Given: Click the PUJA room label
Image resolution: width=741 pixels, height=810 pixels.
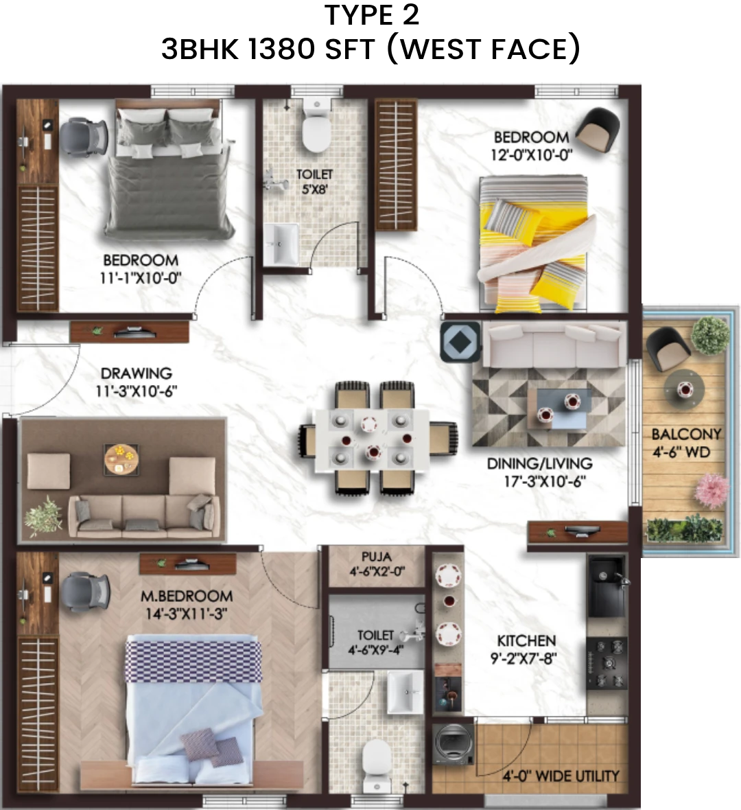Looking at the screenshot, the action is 377,557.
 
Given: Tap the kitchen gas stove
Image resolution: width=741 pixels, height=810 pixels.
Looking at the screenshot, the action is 607,663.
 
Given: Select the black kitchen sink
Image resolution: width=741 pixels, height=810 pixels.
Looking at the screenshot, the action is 608,586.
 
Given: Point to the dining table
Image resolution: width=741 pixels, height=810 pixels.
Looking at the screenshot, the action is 371,439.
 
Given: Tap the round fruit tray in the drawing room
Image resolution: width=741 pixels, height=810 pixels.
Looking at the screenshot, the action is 121,459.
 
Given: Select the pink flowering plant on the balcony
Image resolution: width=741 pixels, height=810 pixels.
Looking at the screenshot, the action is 712,493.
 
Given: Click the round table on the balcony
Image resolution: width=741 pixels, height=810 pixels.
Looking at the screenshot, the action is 684,388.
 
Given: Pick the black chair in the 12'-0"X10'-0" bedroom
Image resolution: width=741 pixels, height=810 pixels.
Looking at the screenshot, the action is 598,128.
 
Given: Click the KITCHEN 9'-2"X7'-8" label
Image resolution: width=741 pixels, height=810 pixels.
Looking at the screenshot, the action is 526,649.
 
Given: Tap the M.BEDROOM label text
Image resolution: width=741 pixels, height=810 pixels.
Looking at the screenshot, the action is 187,596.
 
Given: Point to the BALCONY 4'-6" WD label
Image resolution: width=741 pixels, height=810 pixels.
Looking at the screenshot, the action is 685,443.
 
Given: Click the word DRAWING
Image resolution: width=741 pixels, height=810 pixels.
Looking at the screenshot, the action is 137,373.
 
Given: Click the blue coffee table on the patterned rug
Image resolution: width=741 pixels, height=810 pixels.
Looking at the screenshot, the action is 563,409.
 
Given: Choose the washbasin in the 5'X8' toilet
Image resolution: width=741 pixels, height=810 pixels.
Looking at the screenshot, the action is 281,244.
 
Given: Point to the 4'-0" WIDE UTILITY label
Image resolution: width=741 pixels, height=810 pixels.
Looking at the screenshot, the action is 561,776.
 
